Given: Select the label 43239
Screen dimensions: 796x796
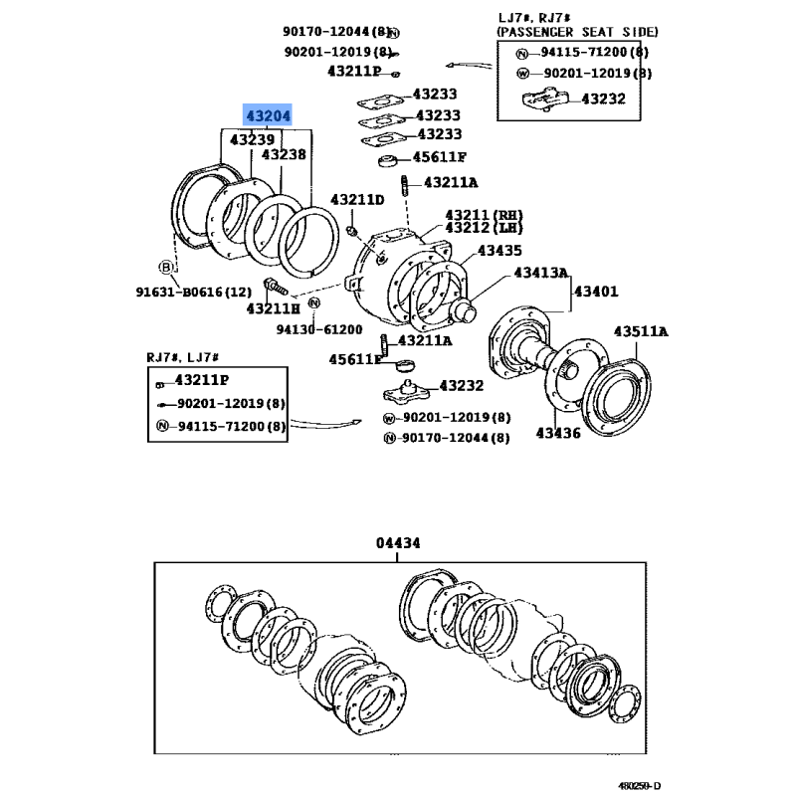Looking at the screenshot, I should click(252, 140).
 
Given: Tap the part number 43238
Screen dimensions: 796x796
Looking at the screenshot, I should click(284, 155).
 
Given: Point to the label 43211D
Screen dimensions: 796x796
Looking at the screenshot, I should click(357, 200).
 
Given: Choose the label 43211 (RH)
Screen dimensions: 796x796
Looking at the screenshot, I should click(484, 214).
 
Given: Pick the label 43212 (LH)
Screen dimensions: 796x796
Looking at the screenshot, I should click(484, 228).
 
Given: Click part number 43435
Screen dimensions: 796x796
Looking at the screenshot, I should click(501, 250).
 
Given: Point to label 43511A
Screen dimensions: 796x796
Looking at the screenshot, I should click(641, 331).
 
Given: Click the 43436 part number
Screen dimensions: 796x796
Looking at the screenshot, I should click(558, 433).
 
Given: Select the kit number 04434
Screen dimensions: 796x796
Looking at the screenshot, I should click(398, 543).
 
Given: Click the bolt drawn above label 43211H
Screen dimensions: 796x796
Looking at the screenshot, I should click(274, 289).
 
